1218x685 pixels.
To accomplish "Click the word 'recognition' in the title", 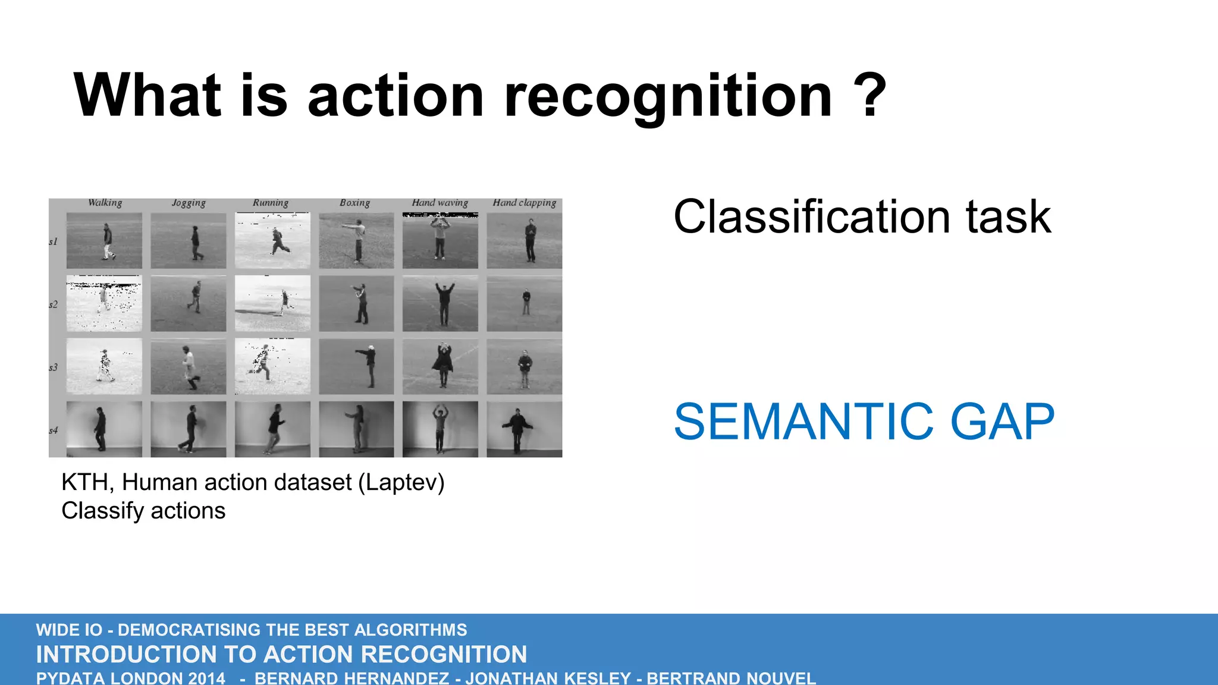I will coord(667,97).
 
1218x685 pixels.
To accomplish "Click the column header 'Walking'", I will coord(105,203).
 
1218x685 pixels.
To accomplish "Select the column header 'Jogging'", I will coord(189,203).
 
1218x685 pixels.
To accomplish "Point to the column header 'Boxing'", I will coord(355,203).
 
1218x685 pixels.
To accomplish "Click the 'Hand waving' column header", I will coord(440,203).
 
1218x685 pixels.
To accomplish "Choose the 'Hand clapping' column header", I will coord(525,203).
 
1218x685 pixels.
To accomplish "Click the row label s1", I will coord(54,241).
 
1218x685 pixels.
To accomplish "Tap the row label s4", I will coord(54,430).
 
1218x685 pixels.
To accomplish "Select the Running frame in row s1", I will coord(272,241).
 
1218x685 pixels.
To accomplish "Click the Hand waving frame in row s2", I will coord(440,304).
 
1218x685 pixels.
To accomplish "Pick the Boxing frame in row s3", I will coord(356,367).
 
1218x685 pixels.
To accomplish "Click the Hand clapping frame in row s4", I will coord(524,429).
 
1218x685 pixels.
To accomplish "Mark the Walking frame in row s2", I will coord(104,304).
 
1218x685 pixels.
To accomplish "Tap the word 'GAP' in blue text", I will coord(1002,422).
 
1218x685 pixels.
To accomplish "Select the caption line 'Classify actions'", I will coord(143,511).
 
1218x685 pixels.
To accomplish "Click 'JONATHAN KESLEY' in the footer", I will coord(548,678).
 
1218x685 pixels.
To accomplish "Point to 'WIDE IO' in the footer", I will coord(69,630).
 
